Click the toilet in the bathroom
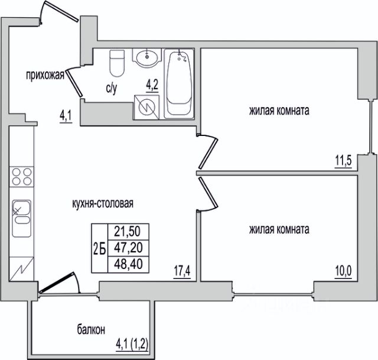[117, 63]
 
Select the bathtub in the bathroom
[179, 83]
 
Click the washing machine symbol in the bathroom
[146, 108]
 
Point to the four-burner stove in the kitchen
[22, 177]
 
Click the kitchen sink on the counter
[22, 218]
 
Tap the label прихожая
[45, 75]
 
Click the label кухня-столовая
[103, 203]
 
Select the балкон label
[91, 330]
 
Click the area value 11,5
[343, 160]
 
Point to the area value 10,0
[343, 271]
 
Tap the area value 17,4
[182, 271]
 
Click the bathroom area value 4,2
[152, 85]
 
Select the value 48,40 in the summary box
[129, 264]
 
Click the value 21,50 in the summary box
[128, 231]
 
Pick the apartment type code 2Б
[100, 248]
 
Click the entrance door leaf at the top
[61, 11]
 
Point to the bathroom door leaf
[74, 83]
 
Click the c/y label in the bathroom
[112, 89]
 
